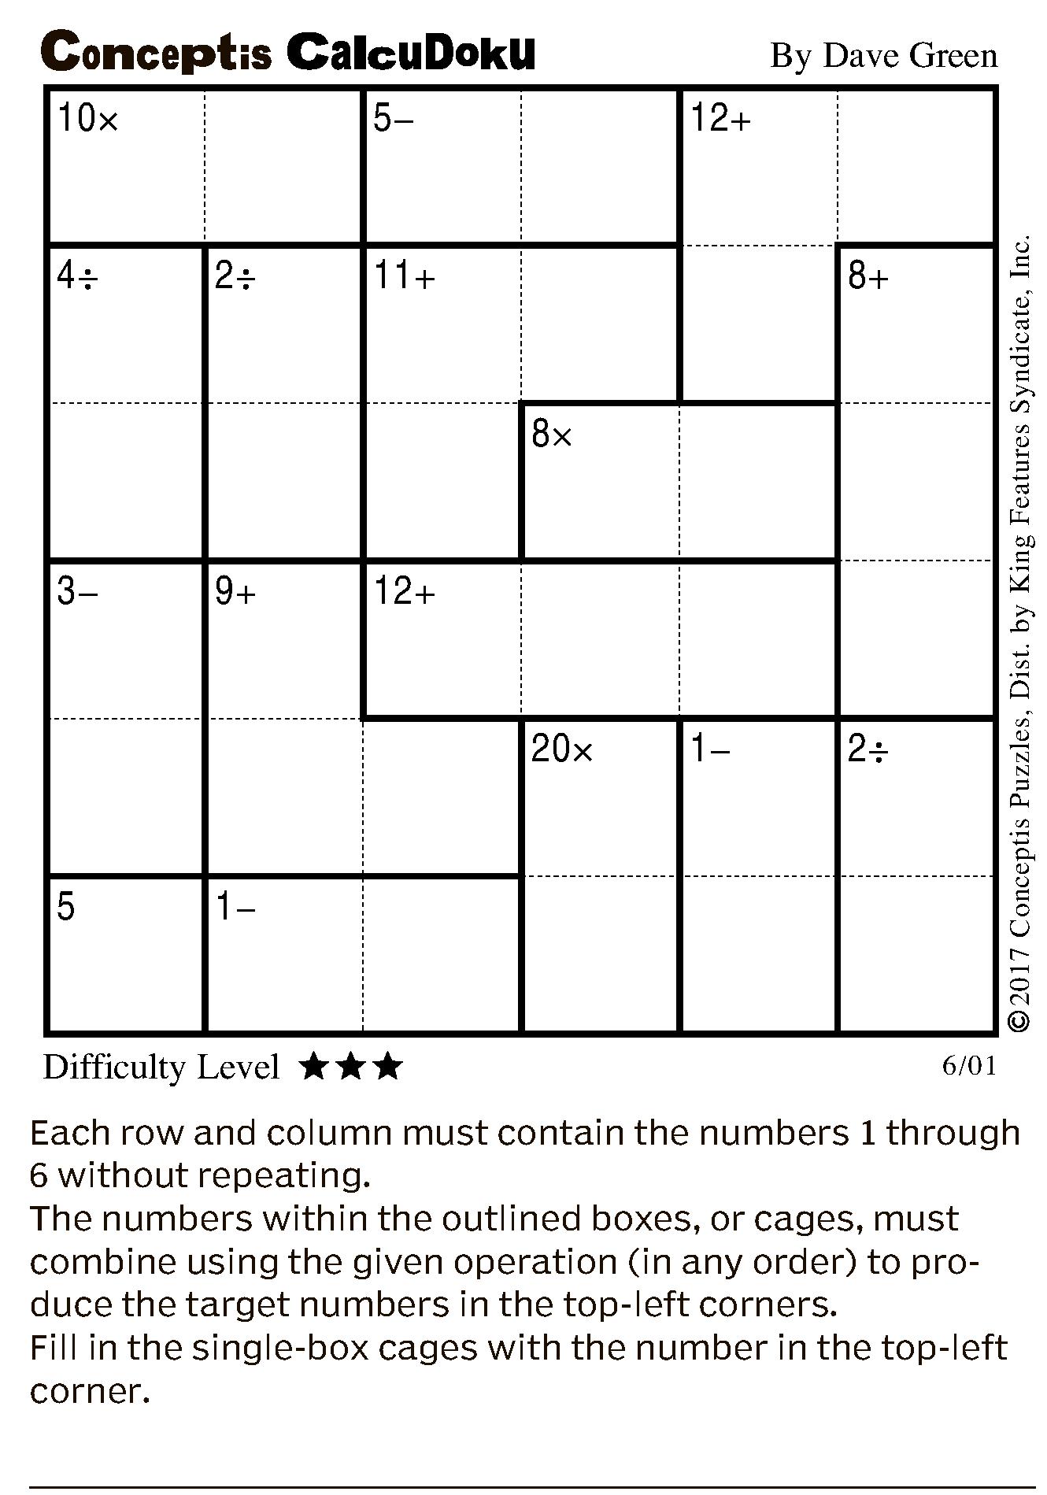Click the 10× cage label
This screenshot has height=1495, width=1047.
(87, 119)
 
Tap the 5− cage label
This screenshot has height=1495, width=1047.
(393, 119)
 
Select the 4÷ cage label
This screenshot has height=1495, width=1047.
(77, 276)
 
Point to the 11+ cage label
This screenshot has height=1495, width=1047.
(404, 276)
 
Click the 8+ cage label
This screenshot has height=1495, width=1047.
(868, 276)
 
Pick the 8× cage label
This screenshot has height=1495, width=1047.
(552, 434)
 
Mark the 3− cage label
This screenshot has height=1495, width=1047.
(77, 591)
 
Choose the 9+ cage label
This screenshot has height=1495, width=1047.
(235, 591)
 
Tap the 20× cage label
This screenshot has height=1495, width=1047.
(561, 749)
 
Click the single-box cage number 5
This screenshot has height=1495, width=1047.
(66, 907)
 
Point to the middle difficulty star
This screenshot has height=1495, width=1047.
(351, 1068)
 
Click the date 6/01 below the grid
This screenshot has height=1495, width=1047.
(969, 1066)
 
